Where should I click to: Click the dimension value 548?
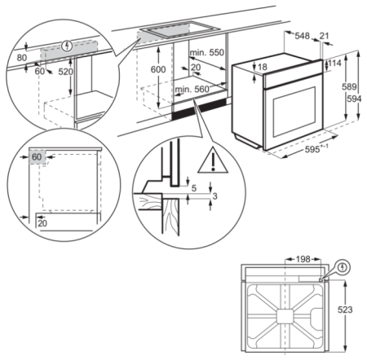coord(303,37)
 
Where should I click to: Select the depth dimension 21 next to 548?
coord(325,37)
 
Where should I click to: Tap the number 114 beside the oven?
coord(334,64)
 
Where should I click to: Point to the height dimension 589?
coord(346,87)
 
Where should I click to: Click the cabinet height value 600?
coord(158,71)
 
